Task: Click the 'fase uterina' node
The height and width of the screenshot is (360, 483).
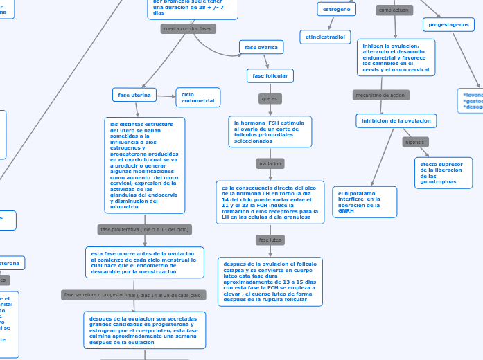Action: tap(134, 95)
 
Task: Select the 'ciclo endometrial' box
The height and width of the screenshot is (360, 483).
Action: tap(198, 98)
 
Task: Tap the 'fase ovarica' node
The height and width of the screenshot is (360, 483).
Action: tap(261, 47)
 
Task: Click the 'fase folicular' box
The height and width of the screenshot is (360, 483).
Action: tap(270, 75)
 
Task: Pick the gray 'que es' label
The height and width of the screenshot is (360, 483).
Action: tap(270, 99)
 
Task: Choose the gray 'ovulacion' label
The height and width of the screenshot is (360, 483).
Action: tap(270, 163)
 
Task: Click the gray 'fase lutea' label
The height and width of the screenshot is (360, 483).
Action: tap(270, 240)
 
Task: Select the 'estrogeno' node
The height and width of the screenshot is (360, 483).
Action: tap(337, 9)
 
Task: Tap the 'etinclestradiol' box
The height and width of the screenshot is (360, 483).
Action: tap(325, 37)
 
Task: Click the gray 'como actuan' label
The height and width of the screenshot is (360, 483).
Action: tap(394, 10)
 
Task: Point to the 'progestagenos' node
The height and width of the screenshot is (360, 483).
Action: tap(448, 24)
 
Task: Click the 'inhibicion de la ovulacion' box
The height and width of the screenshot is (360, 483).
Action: tap(396, 120)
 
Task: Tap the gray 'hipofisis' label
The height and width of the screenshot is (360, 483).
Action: tap(415, 142)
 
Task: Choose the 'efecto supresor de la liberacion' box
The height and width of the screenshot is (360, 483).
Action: tap(444, 172)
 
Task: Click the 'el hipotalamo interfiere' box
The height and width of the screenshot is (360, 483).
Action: tap(365, 201)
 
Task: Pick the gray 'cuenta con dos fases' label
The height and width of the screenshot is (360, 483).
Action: tap(187, 28)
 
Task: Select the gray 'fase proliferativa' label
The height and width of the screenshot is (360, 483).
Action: tap(145, 229)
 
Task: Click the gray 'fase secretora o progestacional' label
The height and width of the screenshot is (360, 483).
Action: tap(133, 295)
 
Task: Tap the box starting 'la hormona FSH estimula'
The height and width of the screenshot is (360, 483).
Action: tap(270, 132)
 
